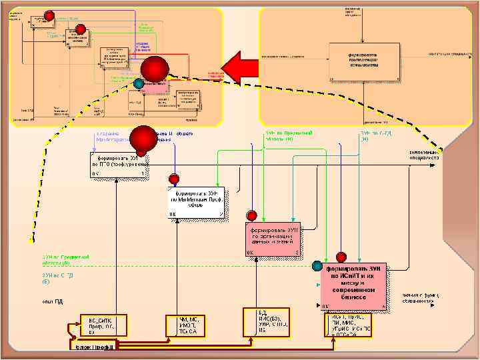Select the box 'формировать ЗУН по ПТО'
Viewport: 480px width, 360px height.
point(117,165)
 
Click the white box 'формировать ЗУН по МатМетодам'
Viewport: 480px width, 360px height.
point(196,203)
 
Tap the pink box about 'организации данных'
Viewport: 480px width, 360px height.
point(273,239)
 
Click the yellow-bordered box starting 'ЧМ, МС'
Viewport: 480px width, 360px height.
point(190,324)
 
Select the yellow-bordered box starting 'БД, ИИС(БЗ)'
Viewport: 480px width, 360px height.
point(273,321)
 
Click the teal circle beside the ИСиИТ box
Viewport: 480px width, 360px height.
point(317,266)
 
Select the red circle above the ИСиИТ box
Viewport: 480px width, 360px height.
point(341,256)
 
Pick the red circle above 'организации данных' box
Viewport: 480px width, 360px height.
point(252,216)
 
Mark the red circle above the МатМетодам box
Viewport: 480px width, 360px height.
point(174,179)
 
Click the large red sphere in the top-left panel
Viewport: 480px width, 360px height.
point(155,70)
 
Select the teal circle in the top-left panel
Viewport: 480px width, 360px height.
point(138,84)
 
